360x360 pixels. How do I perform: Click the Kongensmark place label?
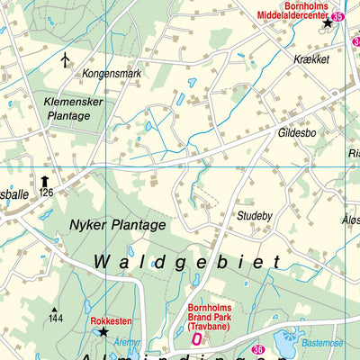click(112, 73)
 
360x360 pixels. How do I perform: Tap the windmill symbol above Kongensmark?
click(65, 59)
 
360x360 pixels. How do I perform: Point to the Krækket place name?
click(310, 58)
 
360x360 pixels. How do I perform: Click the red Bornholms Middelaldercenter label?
click(290, 10)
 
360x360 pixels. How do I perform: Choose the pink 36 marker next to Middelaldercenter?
click(337, 16)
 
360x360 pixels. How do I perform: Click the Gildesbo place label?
click(297, 131)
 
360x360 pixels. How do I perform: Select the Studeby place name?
click(254, 216)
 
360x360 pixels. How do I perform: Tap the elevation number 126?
click(47, 193)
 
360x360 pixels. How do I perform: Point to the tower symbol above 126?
click(43, 181)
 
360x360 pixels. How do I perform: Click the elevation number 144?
click(56, 319)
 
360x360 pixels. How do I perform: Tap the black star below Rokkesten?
click(103, 332)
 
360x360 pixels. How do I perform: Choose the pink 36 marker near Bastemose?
click(257, 349)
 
